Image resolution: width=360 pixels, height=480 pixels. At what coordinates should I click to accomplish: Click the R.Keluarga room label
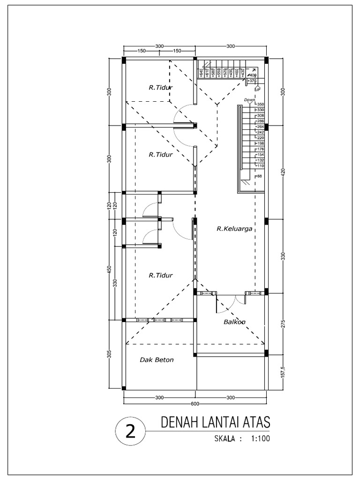click(234, 229)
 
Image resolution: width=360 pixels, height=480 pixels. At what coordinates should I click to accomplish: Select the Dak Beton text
click(157, 360)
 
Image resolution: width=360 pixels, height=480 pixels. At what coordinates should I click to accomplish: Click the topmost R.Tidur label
click(161, 87)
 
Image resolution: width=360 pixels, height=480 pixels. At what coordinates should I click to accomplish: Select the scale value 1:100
click(261, 439)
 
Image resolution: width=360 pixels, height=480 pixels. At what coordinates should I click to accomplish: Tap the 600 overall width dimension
click(195, 404)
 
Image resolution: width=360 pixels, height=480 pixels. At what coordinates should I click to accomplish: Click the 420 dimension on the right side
click(282, 173)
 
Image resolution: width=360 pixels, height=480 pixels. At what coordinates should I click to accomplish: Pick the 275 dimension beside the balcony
click(282, 323)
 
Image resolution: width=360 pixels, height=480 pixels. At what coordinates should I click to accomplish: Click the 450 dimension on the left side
click(109, 271)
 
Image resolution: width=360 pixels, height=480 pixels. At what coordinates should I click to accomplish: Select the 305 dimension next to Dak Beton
click(109, 355)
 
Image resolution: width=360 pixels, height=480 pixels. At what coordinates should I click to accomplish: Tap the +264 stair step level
click(260, 127)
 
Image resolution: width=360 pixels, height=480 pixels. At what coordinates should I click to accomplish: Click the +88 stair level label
click(258, 176)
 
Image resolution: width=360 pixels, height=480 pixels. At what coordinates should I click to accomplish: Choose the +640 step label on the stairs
click(201, 73)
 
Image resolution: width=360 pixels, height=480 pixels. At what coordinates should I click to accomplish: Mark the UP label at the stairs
click(257, 89)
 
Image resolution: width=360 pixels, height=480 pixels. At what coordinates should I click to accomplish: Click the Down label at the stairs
click(249, 99)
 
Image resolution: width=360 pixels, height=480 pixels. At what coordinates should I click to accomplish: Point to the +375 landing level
click(252, 81)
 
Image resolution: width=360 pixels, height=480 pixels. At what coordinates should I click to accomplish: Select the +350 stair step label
click(260, 104)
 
